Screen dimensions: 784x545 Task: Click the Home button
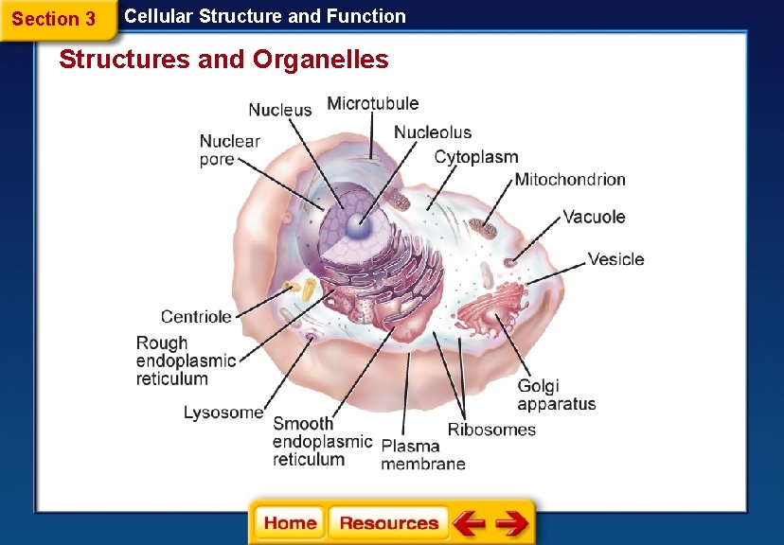[290, 523]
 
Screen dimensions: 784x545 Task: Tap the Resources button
[388, 523]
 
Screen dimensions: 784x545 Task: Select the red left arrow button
[469, 523]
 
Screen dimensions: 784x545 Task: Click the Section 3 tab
[54, 19]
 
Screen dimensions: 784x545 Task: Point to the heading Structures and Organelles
[223, 60]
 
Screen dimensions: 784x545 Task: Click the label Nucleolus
[433, 132]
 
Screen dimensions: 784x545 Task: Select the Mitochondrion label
[570, 179]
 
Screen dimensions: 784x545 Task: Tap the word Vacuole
[595, 217]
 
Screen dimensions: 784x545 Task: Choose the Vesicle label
[616, 258]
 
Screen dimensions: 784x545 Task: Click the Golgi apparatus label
[556, 395]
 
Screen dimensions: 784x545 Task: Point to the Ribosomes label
[491, 430]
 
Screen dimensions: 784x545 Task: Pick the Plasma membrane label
[423, 454]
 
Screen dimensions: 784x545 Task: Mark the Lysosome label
[223, 413]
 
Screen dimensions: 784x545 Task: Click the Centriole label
[196, 317]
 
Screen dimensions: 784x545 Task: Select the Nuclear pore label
[229, 149]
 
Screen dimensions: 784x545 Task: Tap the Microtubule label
[372, 103]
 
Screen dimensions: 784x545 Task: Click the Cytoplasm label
[476, 157]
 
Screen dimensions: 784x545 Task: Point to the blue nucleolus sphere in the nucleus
[359, 225]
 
